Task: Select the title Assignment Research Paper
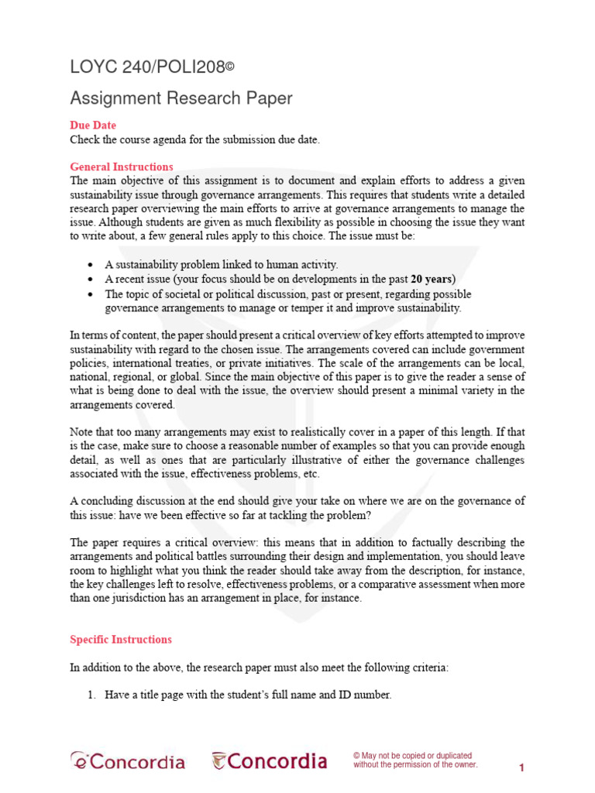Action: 181,98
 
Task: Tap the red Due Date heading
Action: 93,125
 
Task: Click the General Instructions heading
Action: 122,166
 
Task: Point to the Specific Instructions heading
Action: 121,640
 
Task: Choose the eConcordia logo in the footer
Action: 128,761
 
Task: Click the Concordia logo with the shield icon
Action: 270,761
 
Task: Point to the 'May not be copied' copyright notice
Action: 414,760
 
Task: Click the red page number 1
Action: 522,767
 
